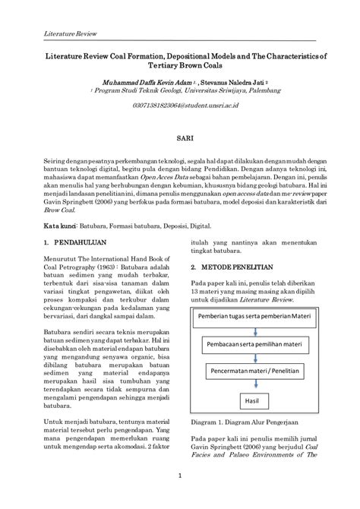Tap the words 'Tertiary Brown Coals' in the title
[x=179, y=65]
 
